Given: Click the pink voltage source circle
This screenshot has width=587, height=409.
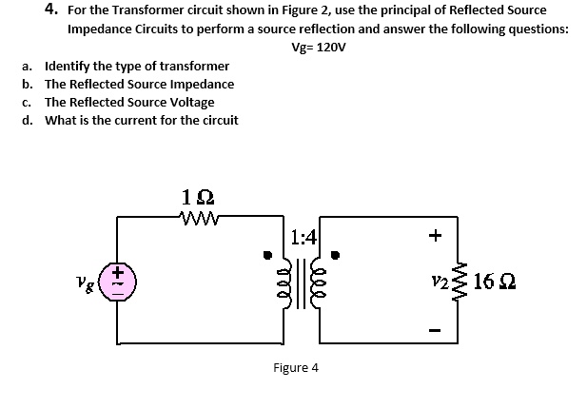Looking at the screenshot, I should (x=118, y=282).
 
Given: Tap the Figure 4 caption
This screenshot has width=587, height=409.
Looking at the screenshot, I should (x=296, y=367).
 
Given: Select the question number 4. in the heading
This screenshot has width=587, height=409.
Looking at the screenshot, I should (x=52, y=10).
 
